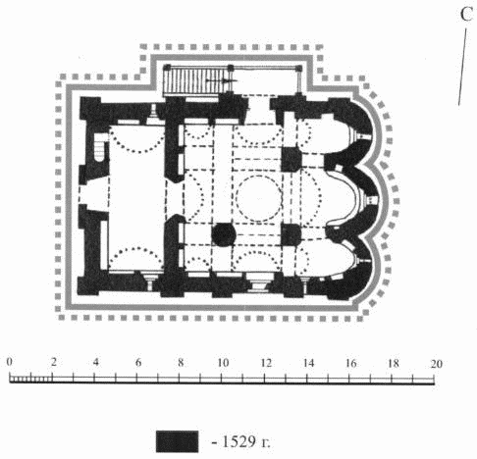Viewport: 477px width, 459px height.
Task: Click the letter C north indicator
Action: pos(466,15)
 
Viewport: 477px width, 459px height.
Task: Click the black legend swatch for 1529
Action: pos(177,441)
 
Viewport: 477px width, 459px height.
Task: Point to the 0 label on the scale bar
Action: pos(10,362)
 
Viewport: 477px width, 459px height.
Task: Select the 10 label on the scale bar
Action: pos(222,362)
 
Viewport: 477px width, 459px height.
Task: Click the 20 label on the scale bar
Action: pos(436,364)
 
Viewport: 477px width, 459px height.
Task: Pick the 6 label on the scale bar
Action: pos(138,362)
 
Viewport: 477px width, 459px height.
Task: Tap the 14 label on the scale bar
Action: pos(308,363)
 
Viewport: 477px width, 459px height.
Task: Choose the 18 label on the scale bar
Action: pos(394,363)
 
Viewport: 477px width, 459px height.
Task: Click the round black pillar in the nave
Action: pos(224,234)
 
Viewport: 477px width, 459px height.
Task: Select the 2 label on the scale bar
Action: pos(53,362)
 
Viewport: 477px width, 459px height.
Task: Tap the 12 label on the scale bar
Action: pos(265,363)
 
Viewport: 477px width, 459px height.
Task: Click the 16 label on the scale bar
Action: pos(350,363)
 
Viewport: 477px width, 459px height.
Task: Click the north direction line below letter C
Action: pos(462,67)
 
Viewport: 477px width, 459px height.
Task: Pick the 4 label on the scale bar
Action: pos(95,362)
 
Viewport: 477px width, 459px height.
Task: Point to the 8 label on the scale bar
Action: pos(181,362)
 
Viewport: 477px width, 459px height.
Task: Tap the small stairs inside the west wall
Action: pos(99,148)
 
